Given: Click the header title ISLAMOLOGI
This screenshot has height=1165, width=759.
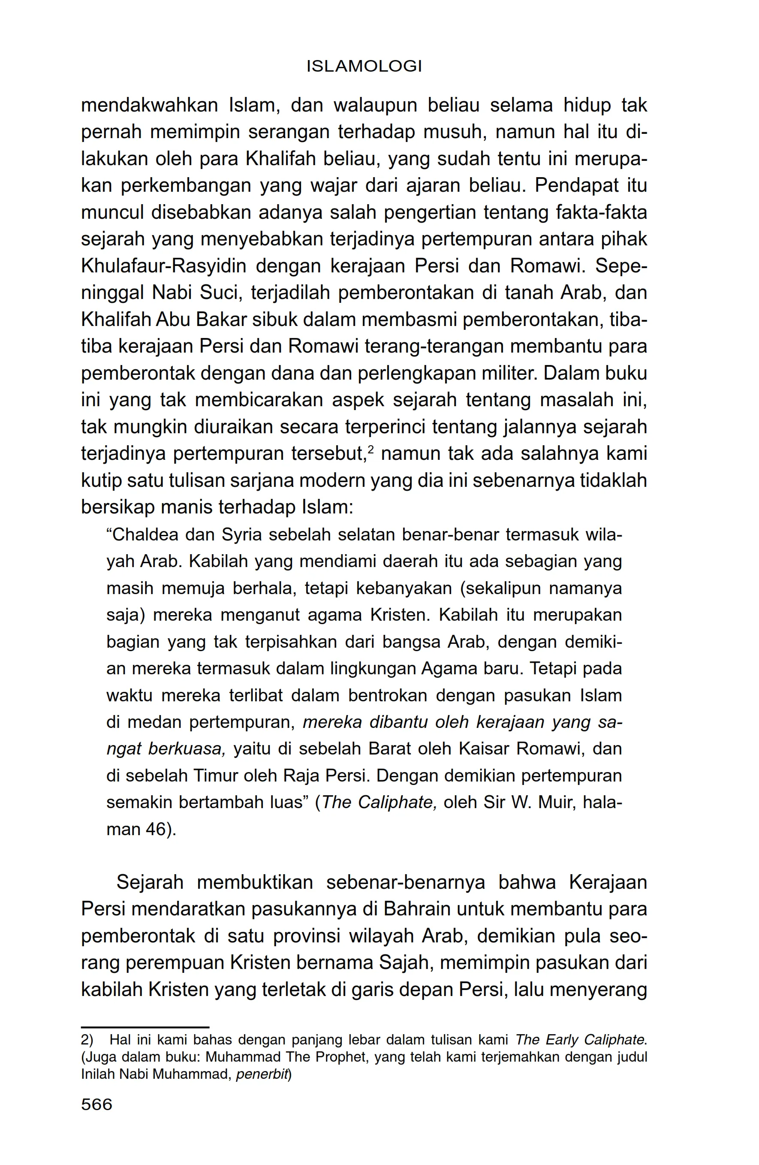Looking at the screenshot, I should point(364,66).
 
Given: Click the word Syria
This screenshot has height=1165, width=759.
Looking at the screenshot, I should point(242,534).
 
